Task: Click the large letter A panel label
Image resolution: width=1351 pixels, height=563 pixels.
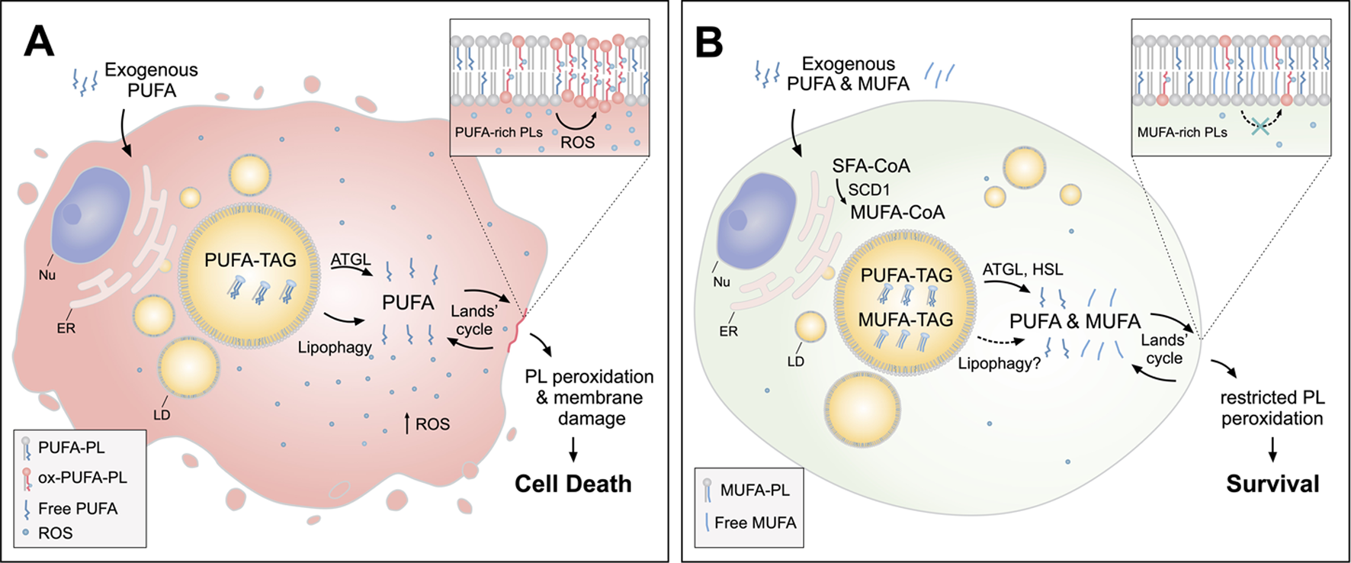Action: [39, 41]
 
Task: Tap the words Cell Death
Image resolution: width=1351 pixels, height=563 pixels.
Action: [573, 484]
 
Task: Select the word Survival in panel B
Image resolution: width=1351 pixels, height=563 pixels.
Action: [1272, 484]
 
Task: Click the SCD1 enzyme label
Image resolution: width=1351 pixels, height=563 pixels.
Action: [869, 189]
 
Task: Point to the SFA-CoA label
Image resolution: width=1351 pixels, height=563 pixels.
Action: [871, 166]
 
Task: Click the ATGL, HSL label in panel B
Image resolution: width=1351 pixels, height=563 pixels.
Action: [1022, 269]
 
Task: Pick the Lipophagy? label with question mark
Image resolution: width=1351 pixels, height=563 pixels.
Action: [1000, 363]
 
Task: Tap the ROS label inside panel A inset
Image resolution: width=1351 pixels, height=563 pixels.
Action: [577, 142]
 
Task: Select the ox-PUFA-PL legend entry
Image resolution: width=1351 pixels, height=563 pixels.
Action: [82, 478]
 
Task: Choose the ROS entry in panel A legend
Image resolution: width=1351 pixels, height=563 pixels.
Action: [55, 532]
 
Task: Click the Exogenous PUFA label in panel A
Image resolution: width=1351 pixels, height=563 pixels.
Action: [151, 80]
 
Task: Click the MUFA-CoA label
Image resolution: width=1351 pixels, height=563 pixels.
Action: [897, 213]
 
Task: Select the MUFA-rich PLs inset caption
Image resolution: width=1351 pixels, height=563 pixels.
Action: [1182, 132]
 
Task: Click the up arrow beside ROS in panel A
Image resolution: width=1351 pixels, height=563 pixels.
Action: [406, 423]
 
